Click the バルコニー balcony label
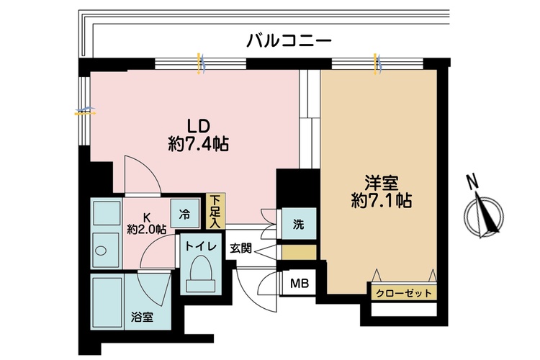[x=289, y=40]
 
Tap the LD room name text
[x=198, y=126]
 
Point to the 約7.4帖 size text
[x=199, y=144]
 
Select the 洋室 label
[x=381, y=183]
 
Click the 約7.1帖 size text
[x=381, y=200]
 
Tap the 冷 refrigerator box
[x=185, y=214]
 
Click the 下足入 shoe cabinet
[x=215, y=211]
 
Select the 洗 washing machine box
[x=299, y=224]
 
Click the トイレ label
[x=201, y=246]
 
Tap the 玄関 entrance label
[x=241, y=248]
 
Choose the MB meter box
[x=299, y=283]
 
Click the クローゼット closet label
[x=404, y=293]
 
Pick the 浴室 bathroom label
[x=142, y=318]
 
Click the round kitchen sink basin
[x=102, y=251]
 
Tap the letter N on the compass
[x=472, y=181]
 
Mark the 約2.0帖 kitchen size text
[x=147, y=229]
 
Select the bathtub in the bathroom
[x=107, y=301]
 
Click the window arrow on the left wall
[x=85, y=112]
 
